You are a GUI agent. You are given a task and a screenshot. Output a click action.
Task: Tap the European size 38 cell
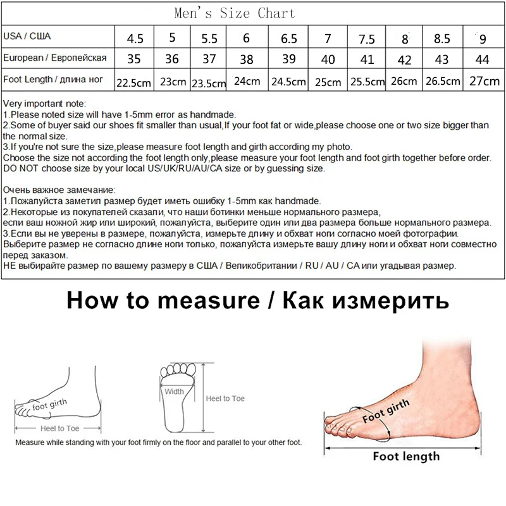coord(247,60)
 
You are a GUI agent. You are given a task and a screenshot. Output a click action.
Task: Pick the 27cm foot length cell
coord(483,82)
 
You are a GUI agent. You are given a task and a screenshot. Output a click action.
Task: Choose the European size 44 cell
coord(483,60)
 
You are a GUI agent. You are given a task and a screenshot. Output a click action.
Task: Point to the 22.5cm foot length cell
coord(134,82)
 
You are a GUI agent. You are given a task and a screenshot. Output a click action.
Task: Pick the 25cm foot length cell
coord(327,82)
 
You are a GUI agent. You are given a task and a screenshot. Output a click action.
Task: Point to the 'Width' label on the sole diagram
coord(174,392)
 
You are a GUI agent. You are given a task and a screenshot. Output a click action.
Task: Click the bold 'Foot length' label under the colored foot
coord(405,455)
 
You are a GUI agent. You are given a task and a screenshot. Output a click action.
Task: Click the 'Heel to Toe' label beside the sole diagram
coord(225,398)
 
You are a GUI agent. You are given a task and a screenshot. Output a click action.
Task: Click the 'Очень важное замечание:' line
coord(59,189)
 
